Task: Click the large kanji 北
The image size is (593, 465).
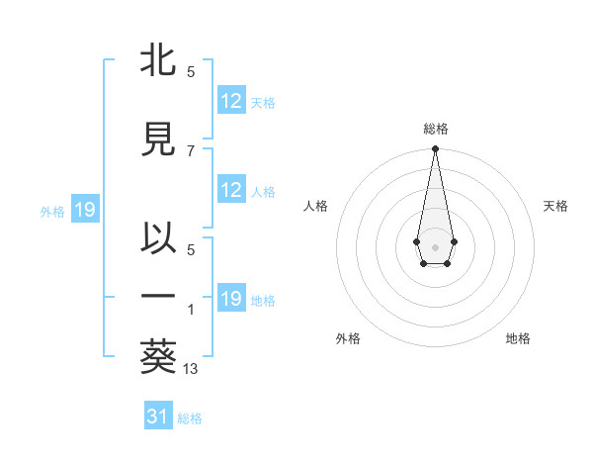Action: tap(158, 61)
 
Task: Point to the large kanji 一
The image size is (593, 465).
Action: tap(158, 296)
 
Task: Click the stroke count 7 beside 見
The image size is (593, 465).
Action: tap(191, 150)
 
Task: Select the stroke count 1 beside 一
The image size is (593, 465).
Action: tap(191, 309)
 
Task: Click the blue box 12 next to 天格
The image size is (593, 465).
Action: tap(231, 102)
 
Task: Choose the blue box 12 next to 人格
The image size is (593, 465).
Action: tap(231, 191)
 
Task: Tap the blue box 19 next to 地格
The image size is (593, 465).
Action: tap(231, 300)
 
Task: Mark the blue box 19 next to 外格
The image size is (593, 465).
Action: tap(84, 210)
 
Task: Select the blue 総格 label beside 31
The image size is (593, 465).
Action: tap(190, 418)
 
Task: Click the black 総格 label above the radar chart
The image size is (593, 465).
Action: tap(435, 129)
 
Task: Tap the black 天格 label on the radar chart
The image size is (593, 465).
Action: tap(556, 206)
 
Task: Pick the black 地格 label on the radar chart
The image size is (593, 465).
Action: tap(518, 339)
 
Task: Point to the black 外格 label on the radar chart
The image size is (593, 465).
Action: tap(348, 339)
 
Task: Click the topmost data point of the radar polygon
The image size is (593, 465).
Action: tap(435, 149)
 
